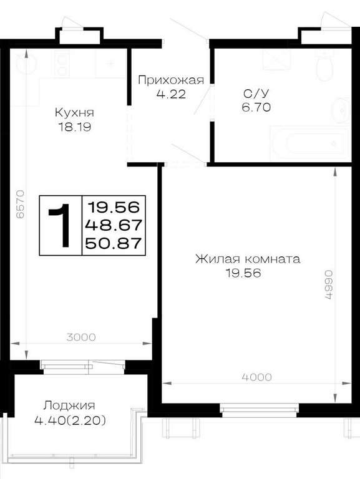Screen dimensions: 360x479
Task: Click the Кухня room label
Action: coord(74,112)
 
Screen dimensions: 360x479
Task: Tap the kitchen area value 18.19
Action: coord(75,127)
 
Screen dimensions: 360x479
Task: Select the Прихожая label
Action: coord(170,80)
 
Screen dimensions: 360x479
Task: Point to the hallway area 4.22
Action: coord(171,94)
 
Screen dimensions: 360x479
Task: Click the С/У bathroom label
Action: coord(256,93)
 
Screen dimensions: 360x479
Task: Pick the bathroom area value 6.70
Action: coord(256,107)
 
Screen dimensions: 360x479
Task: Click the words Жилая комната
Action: coord(248,259)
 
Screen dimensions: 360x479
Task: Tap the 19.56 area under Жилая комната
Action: coord(243,273)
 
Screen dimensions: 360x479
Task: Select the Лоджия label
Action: coord(69,405)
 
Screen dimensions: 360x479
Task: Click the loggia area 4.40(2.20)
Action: coord(71,421)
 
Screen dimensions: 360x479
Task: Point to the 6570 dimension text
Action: coord(20,204)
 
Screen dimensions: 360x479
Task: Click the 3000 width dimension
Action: coord(81,337)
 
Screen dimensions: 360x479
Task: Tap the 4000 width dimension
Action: coord(256,377)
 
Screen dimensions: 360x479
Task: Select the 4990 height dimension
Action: coord(328,284)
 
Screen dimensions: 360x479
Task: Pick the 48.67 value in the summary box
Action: coord(114,225)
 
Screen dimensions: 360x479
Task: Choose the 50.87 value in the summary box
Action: coord(114,243)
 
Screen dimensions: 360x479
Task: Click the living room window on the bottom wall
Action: coord(260,410)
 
